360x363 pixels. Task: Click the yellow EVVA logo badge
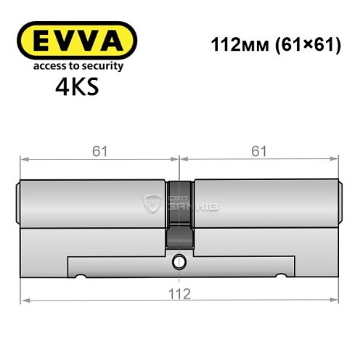click(x=76, y=40)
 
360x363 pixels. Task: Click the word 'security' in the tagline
click(x=102, y=67)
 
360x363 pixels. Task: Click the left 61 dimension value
click(x=99, y=151)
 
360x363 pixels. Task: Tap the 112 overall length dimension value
click(x=180, y=294)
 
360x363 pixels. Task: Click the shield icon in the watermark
click(x=152, y=205)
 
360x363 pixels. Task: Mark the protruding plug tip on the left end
click(x=18, y=204)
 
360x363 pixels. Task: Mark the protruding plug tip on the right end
click(x=340, y=204)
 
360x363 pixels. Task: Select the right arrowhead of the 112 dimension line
click(x=336, y=298)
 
